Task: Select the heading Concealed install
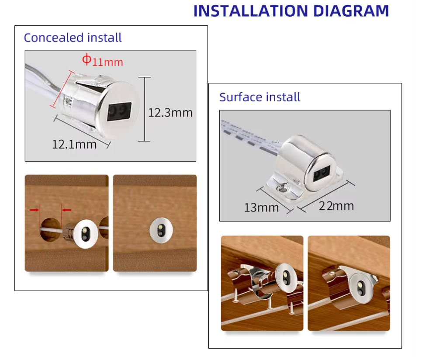click(x=73, y=38)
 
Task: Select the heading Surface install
click(x=259, y=97)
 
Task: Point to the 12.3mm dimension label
click(x=170, y=113)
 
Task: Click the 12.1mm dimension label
click(x=74, y=144)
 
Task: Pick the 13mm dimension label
click(x=261, y=207)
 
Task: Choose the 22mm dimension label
click(x=336, y=205)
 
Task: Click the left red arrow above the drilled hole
click(x=34, y=210)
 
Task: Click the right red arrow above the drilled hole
click(x=66, y=210)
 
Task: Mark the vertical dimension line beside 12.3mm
click(x=144, y=109)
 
